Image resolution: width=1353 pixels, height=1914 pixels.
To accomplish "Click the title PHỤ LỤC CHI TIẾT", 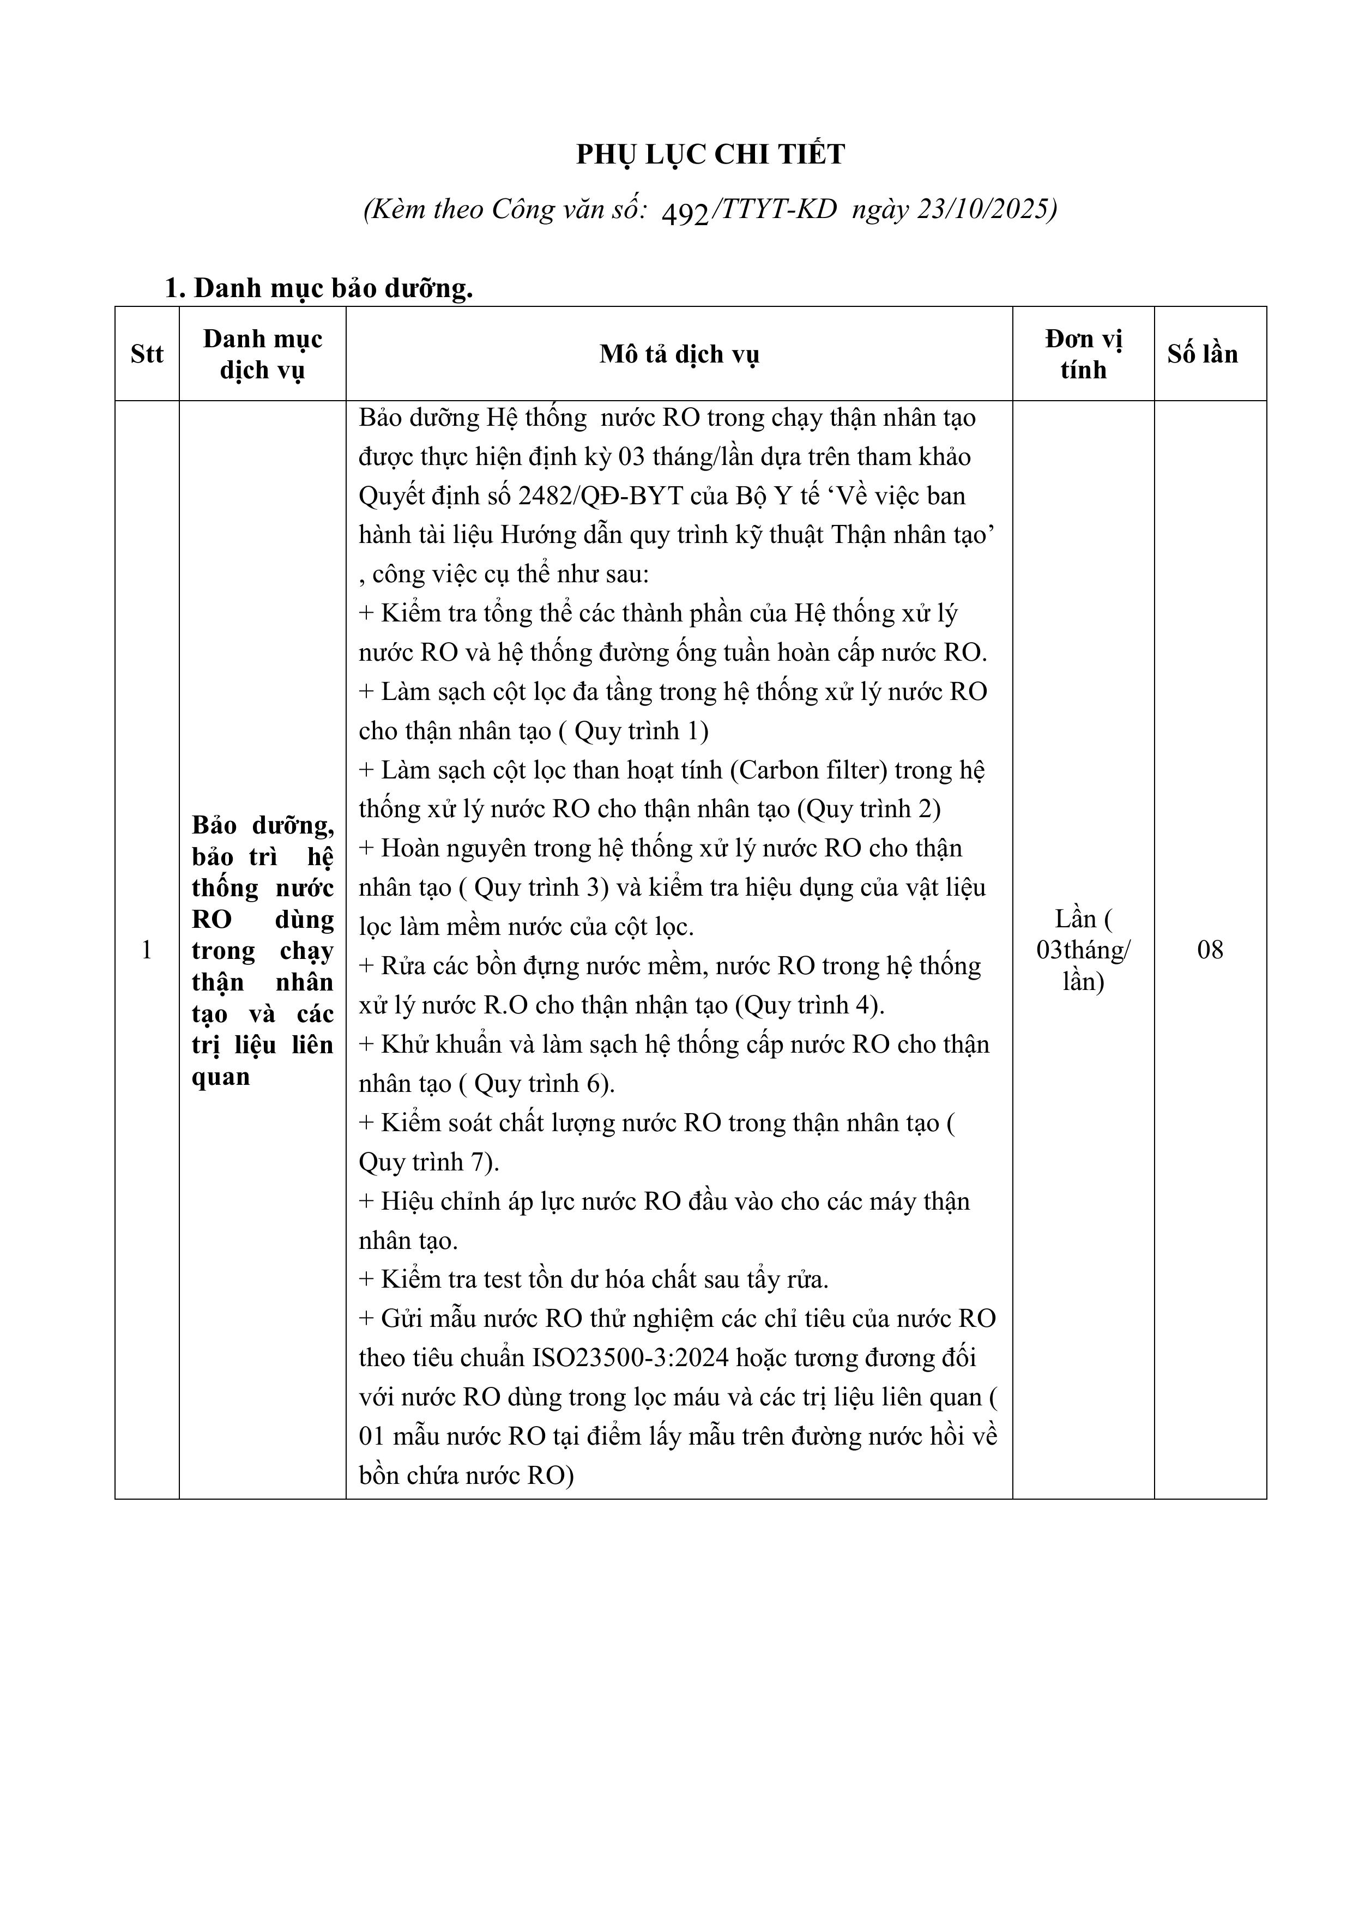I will (x=710, y=154).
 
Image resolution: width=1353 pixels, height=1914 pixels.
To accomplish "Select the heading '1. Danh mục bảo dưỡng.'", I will (x=318, y=288).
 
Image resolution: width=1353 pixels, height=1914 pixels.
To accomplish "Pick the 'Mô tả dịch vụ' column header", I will (x=679, y=354).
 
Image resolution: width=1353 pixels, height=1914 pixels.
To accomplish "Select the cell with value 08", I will (x=1210, y=950).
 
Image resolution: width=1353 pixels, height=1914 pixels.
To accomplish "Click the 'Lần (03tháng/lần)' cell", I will (x=1083, y=950).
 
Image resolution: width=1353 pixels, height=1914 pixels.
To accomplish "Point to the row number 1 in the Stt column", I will (x=147, y=950).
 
